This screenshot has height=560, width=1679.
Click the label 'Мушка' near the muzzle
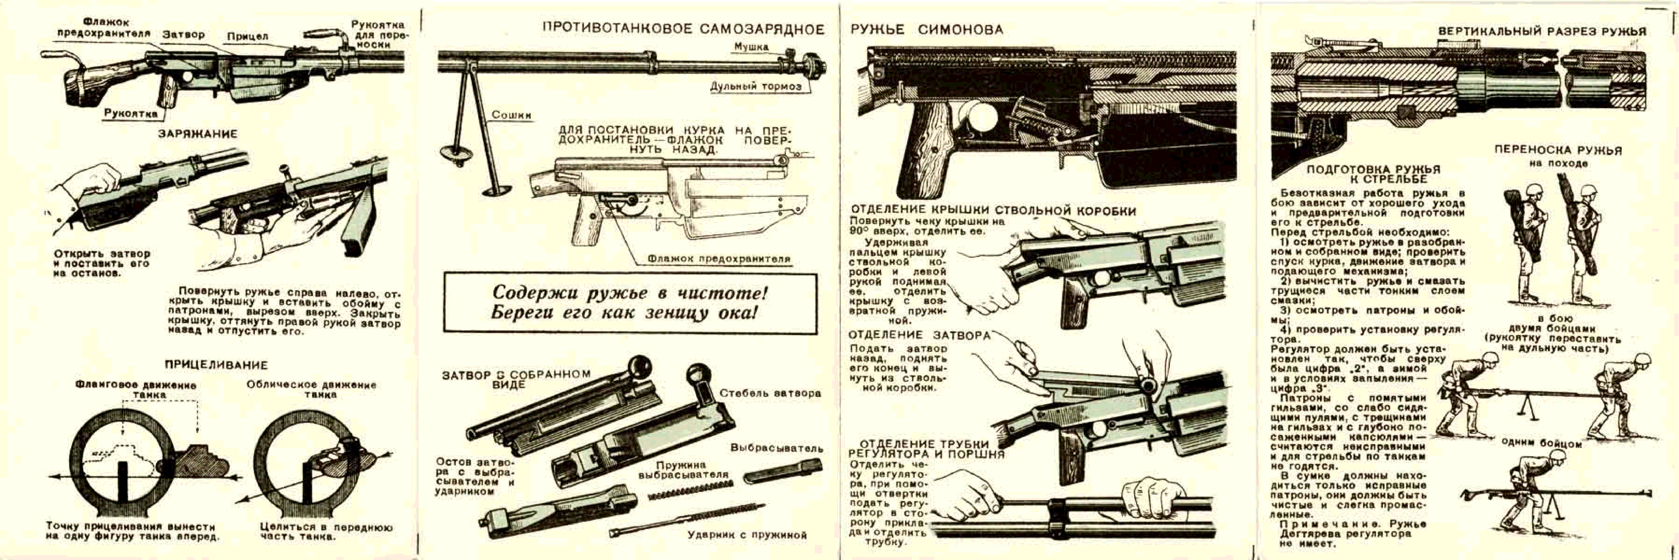(751, 47)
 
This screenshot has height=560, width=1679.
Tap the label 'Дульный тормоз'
(756, 87)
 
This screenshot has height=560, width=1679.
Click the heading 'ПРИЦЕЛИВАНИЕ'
(216, 365)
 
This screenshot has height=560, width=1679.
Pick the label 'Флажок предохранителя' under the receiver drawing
(718, 259)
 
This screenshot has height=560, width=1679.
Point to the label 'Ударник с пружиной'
(747, 535)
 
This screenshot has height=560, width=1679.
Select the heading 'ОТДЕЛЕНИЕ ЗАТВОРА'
(919, 335)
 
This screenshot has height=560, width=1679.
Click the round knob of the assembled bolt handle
(639, 364)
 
